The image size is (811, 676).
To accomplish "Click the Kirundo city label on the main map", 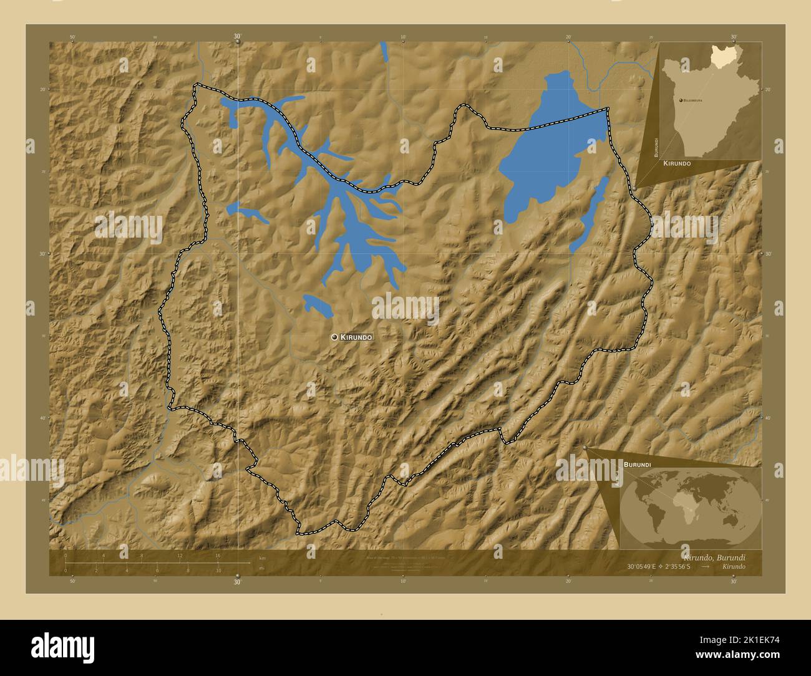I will tap(356, 337).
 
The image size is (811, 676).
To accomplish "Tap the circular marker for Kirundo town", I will tap(335, 337).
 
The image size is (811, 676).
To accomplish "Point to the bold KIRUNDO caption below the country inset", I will tap(677, 163).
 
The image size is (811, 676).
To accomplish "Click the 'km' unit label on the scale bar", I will tap(262, 558).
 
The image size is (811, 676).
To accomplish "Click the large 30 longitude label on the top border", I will tap(237, 37).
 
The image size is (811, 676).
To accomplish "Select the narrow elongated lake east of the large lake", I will tap(589, 215).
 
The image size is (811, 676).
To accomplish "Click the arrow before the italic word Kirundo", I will tap(705, 566).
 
